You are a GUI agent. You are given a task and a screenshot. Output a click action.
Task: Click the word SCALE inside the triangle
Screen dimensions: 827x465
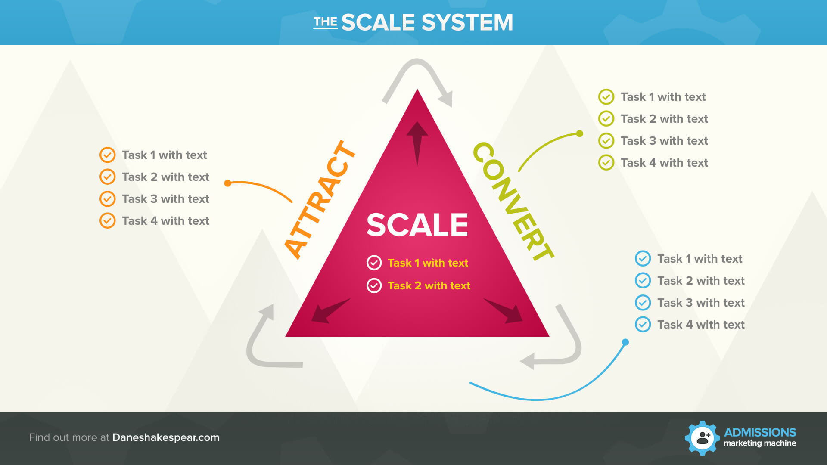[417, 225]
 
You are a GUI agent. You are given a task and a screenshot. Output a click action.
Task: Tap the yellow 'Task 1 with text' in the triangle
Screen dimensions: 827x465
[428, 263]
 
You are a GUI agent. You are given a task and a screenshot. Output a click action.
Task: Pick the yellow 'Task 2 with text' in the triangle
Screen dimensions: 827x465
[429, 286]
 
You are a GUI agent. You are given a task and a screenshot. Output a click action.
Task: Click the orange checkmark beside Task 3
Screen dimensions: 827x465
[107, 199]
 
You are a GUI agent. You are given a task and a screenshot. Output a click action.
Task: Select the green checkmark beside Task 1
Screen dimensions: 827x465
[606, 97]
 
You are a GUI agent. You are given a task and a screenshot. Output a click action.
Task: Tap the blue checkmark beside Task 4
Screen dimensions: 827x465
[643, 324]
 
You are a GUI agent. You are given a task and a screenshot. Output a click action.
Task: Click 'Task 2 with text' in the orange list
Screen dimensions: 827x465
[165, 177]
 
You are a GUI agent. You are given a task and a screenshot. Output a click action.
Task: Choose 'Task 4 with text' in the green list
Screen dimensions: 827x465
[664, 163]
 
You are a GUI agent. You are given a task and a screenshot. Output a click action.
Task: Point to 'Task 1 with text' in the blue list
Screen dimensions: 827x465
[700, 259]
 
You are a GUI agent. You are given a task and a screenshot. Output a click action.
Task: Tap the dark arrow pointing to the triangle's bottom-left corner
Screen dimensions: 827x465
[330, 310]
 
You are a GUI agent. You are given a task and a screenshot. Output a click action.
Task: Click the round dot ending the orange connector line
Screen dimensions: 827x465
[228, 183]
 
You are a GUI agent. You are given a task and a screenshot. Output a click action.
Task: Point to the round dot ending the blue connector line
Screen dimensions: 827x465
[625, 342]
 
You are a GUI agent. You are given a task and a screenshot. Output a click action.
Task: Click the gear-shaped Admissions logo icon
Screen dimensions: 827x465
[702, 438]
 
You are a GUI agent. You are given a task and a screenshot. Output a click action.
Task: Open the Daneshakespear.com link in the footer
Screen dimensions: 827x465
[166, 437]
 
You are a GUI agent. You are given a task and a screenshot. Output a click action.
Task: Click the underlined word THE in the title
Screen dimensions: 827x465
[325, 22]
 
